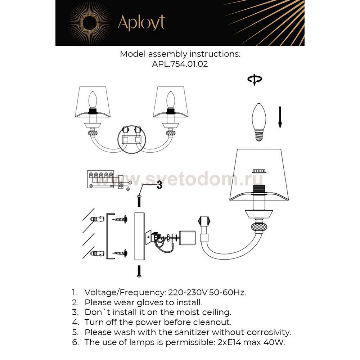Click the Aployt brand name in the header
pyautogui.click(x=141, y=23)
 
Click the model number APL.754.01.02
pyautogui.click(x=180, y=65)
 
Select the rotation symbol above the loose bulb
pyautogui.click(x=255, y=80)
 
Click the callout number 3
pyautogui.click(x=159, y=186)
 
